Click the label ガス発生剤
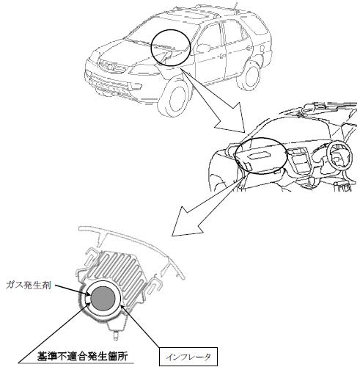point(29,286)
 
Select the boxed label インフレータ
point(188,357)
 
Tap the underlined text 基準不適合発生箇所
point(82,357)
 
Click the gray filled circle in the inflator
point(103,298)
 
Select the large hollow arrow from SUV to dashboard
point(215,102)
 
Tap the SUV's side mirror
point(204,48)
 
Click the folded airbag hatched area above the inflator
point(118,269)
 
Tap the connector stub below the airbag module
point(117,335)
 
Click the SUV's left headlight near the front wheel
point(142,71)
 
